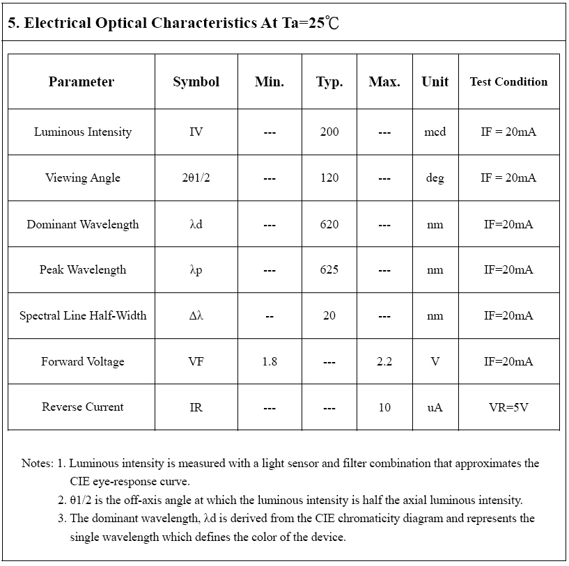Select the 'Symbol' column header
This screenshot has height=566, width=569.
[196, 82]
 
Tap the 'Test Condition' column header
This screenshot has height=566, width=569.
[508, 82]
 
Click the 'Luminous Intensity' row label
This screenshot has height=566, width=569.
[82, 132]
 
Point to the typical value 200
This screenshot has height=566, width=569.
[329, 132]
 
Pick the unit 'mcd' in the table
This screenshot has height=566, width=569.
[435, 132]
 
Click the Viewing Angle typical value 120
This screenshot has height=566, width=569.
[329, 178]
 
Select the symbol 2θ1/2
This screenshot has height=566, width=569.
[196, 178]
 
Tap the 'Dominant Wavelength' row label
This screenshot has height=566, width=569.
[82, 224]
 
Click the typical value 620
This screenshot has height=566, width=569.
[329, 224]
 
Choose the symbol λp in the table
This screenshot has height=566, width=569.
[196, 270]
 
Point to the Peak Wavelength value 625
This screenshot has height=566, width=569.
[329, 270]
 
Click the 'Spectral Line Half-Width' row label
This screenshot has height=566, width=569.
[82, 315]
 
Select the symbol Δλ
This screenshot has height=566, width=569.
[196, 315]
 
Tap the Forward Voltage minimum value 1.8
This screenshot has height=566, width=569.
[270, 361]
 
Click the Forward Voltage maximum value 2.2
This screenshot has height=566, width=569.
[384, 361]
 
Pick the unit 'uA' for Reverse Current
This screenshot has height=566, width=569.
[435, 407]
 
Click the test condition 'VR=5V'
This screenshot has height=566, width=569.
[508, 407]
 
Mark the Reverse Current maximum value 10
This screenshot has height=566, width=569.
[384, 407]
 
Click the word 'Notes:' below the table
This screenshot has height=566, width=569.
[37, 463]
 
